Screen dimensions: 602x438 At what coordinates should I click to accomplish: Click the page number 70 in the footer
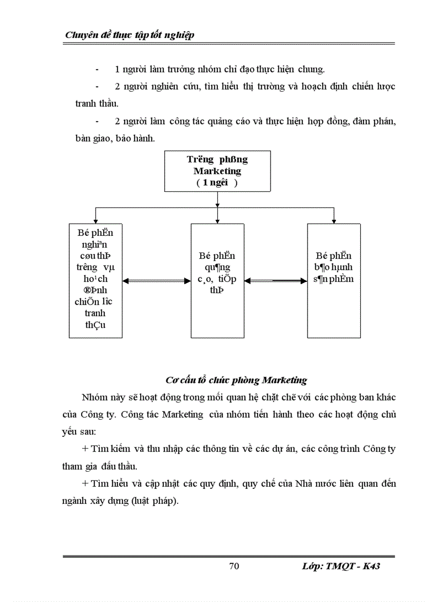coord(233,567)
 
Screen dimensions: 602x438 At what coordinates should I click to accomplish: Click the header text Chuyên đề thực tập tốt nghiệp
coord(129,35)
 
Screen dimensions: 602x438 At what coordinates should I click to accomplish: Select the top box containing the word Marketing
coord(217,171)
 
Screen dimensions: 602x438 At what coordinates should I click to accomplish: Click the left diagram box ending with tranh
coord(96,280)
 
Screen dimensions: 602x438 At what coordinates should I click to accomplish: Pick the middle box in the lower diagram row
coord(217,280)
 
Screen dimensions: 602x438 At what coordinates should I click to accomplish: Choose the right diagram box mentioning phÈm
coord(334,280)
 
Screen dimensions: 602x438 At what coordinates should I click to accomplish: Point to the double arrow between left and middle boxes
coord(157,280)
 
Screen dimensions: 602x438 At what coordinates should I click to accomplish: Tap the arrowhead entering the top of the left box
coord(96,220)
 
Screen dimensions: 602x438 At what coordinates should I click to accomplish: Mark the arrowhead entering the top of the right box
coord(334,220)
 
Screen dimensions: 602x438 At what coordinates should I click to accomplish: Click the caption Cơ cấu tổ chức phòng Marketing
coord(236,380)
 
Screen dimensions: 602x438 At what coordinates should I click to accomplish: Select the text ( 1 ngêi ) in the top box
coord(217,182)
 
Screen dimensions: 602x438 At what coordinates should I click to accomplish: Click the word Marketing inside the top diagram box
coord(217,171)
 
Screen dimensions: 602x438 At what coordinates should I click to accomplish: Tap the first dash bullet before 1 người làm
coord(97,70)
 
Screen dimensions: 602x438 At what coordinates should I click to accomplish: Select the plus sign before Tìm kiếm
coord(85,448)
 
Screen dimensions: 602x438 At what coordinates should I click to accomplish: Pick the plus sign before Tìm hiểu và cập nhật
coord(85,484)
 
